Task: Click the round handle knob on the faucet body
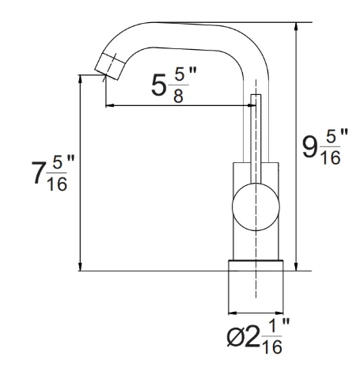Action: pyautogui.click(x=256, y=207)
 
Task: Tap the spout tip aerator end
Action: pyautogui.click(x=110, y=66)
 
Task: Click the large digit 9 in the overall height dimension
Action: pyautogui.click(x=309, y=147)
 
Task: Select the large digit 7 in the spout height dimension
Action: pyautogui.click(x=37, y=173)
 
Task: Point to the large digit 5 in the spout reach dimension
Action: pyautogui.click(x=159, y=85)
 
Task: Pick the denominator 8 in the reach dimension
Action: pyautogui.click(x=178, y=95)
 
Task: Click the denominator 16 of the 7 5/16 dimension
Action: pyautogui.click(x=57, y=184)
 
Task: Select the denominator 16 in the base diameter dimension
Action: pyautogui.click(x=272, y=347)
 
